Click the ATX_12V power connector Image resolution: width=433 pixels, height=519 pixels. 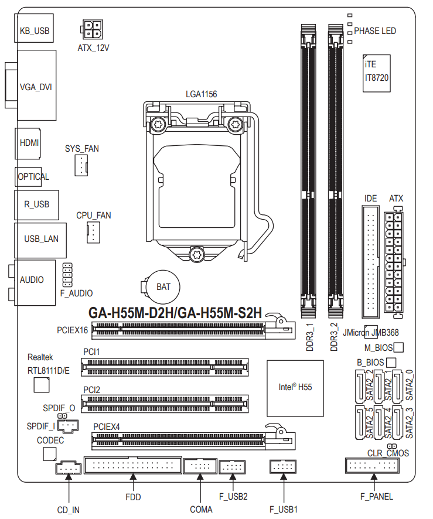pos(91,29)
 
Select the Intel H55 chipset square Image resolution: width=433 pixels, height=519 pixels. pos(295,388)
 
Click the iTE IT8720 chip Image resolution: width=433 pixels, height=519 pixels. pos(376,73)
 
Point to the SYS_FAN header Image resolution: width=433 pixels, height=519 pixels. pos(81,165)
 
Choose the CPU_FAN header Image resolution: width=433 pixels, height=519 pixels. pos(93,233)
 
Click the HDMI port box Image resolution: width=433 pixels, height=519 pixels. pos(28,144)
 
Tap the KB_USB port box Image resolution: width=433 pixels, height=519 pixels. pos(34,28)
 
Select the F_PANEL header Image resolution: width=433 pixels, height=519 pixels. pos(372,466)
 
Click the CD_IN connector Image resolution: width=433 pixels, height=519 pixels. pos(68,467)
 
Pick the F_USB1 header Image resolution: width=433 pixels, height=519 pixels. pos(283,467)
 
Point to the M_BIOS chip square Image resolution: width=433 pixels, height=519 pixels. pos(398,347)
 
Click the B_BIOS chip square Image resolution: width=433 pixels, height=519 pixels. pos(391,363)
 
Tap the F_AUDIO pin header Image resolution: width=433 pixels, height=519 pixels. pos(67,275)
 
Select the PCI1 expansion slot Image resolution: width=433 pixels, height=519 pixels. pos(165,367)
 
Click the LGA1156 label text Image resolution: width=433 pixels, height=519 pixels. pos(202,94)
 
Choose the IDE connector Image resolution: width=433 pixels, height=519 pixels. pos(370,262)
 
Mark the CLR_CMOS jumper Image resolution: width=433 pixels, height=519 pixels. pos(392,446)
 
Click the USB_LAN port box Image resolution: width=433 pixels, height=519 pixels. pos(40,240)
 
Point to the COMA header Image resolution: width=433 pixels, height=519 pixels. pos(200,466)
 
